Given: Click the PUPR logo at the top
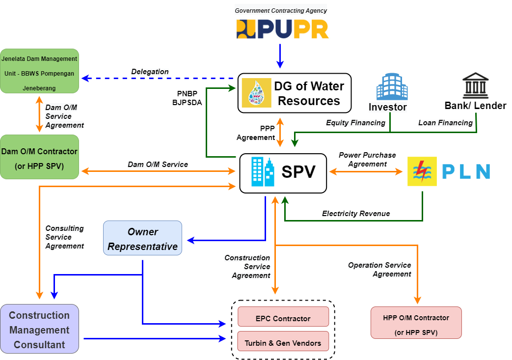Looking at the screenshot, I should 282,29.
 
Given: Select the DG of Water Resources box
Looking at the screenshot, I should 295,93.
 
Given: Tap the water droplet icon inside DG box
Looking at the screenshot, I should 256,93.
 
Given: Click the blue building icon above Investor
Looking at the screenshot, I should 392,86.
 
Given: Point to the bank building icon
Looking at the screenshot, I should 475,85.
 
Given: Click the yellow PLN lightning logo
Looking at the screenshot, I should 422,171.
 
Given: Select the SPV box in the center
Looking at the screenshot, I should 283,172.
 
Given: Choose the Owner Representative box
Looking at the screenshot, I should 142,238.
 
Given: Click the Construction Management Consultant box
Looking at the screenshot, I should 39,330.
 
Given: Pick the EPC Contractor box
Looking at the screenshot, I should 283,318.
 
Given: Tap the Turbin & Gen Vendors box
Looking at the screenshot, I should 283,343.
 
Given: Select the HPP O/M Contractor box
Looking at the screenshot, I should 416,323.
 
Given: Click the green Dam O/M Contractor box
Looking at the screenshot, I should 39,157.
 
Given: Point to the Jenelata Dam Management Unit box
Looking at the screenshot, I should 39,71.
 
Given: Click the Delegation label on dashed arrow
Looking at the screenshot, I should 150,72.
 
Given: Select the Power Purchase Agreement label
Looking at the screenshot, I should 367,160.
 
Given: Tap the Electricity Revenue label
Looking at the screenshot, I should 356,214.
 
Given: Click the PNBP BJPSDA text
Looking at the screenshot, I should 187,98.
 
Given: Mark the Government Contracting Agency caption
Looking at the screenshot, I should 281,10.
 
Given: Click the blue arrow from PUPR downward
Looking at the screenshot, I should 280,55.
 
